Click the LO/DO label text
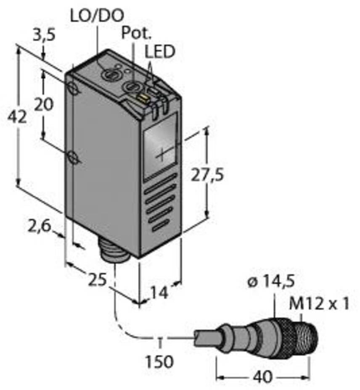tap(97, 16)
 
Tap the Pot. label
tap(136, 33)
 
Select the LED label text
tap(160, 52)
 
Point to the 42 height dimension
tap(17, 117)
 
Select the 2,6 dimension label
tap(40, 227)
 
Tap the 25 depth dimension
tap(98, 280)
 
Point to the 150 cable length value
tap(159, 361)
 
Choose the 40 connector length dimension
tap(263, 377)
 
